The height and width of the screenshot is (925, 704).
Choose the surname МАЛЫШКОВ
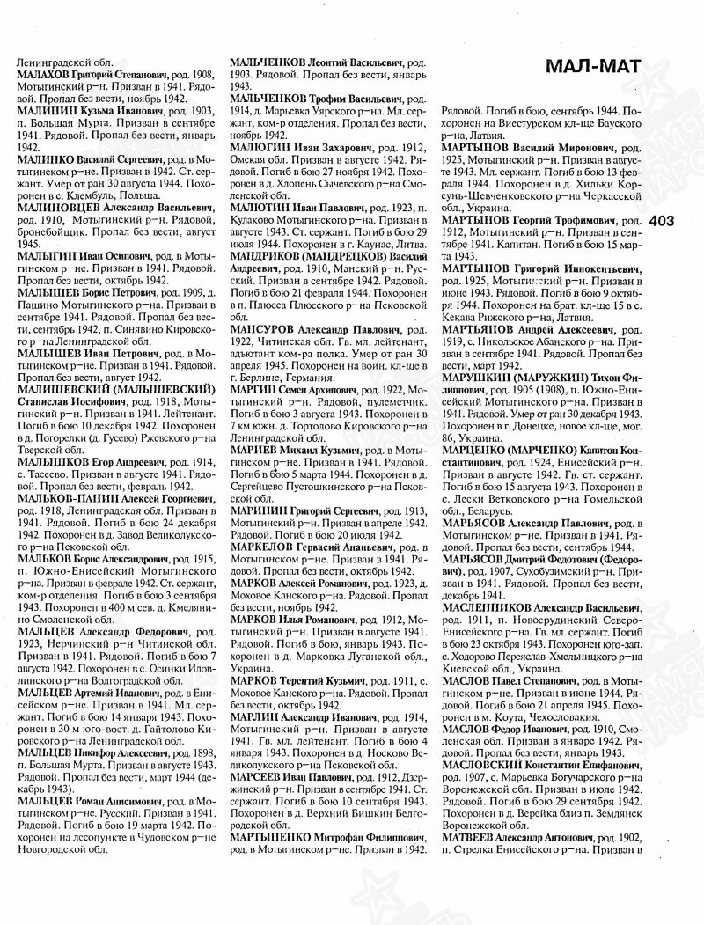coord(50,460)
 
